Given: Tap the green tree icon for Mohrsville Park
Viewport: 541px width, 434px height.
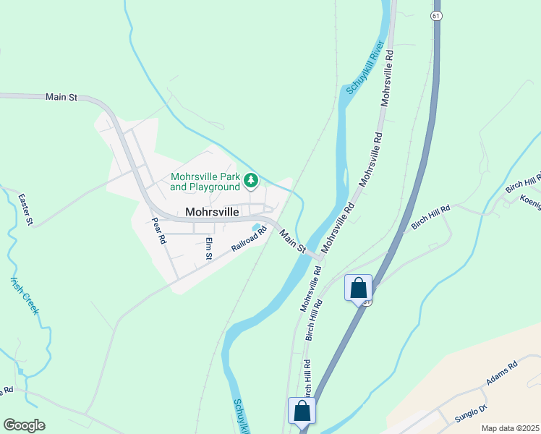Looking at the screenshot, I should pos(251,180).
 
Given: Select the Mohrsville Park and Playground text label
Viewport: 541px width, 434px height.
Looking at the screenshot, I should pos(205,182).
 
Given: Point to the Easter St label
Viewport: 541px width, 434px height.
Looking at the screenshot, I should pos(25,209).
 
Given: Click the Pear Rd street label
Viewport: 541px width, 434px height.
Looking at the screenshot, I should pos(159,230).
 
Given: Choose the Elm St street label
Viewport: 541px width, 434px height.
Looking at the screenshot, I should pos(208,247).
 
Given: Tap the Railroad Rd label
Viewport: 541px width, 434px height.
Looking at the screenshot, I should pos(249,239).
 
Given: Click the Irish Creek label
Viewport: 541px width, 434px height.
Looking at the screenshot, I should pos(25,296).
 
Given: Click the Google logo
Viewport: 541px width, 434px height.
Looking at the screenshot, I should pos(24,425).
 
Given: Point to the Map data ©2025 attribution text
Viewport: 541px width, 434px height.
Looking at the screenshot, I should pos(510,428).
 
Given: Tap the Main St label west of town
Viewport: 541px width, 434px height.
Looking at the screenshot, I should pos(61,96).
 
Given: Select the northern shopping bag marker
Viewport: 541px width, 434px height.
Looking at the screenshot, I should pos(358,288).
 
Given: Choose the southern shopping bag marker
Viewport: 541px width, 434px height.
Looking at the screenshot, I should pos(302,411).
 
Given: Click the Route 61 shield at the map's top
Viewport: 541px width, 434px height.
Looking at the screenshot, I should pos(435,14).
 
